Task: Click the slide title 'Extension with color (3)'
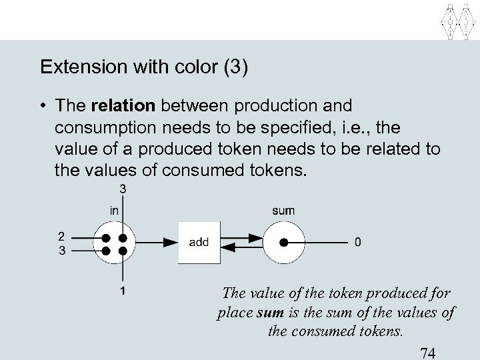[x=144, y=68]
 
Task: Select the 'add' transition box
[x=199, y=243]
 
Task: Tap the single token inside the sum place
[x=284, y=243]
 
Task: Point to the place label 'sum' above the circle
[x=283, y=211]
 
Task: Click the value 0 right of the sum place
[x=359, y=243]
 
